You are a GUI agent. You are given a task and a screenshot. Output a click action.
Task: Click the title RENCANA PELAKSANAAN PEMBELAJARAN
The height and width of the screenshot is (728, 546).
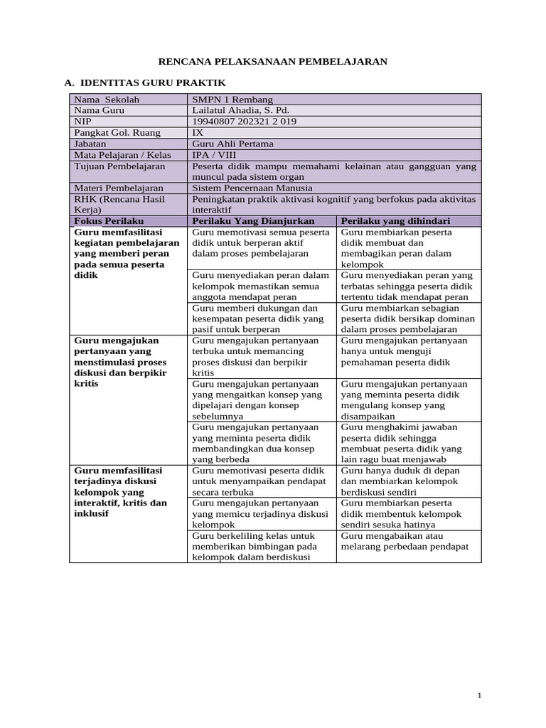(x=272, y=61)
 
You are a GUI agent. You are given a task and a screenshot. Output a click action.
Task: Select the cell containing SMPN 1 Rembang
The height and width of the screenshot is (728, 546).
(x=232, y=100)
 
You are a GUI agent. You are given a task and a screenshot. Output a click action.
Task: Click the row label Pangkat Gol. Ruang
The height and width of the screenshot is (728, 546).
(x=117, y=132)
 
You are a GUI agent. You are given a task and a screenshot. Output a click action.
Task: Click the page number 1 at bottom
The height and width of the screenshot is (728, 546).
(x=480, y=695)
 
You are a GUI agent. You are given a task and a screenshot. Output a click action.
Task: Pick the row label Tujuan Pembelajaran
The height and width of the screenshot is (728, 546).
(x=119, y=166)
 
